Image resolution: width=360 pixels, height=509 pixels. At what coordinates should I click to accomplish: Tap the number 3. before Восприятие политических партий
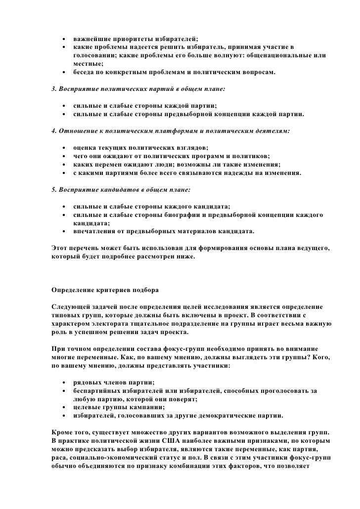pyautogui.click(x=54, y=91)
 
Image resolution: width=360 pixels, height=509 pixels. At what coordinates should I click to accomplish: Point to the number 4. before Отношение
pyautogui.click(x=54, y=132)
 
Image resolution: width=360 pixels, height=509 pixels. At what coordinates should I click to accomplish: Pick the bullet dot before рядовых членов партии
pyautogui.click(x=64, y=383)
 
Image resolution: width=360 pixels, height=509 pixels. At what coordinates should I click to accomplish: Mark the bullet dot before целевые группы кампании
pyautogui.click(x=64, y=407)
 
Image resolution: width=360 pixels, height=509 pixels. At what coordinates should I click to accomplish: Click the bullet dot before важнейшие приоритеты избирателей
pyautogui.click(x=64, y=39)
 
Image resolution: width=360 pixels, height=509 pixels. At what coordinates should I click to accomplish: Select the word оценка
pyautogui.click(x=85, y=148)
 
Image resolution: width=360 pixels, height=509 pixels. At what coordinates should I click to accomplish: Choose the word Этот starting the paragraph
pyautogui.click(x=60, y=247)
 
